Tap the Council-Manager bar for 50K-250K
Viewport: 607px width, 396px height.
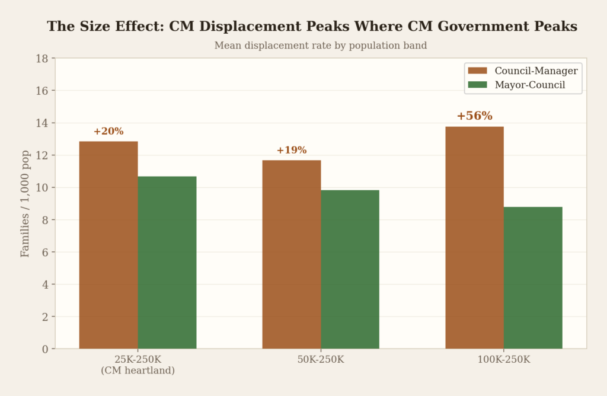(292, 254)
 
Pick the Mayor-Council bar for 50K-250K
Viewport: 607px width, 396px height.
(350, 269)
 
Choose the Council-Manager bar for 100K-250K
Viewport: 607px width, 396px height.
(474, 237)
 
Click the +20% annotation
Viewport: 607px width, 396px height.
(108, 132)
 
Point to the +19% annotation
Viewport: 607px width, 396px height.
(292, 151)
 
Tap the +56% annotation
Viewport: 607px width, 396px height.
(474, 116)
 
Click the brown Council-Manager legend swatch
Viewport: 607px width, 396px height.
(477, 71)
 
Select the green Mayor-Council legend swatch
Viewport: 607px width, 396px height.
(477, 85)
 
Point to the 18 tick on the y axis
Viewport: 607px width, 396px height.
(42, 59)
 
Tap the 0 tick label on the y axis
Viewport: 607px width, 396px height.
(45, 349)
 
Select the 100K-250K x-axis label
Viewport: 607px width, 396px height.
(504, 360)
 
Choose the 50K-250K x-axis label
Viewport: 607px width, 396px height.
(321, 360)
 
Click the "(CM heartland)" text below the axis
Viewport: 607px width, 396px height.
(138, 371)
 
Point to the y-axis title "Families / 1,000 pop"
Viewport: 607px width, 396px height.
(25, 203)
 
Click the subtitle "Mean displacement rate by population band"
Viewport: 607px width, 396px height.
(320, 46)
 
